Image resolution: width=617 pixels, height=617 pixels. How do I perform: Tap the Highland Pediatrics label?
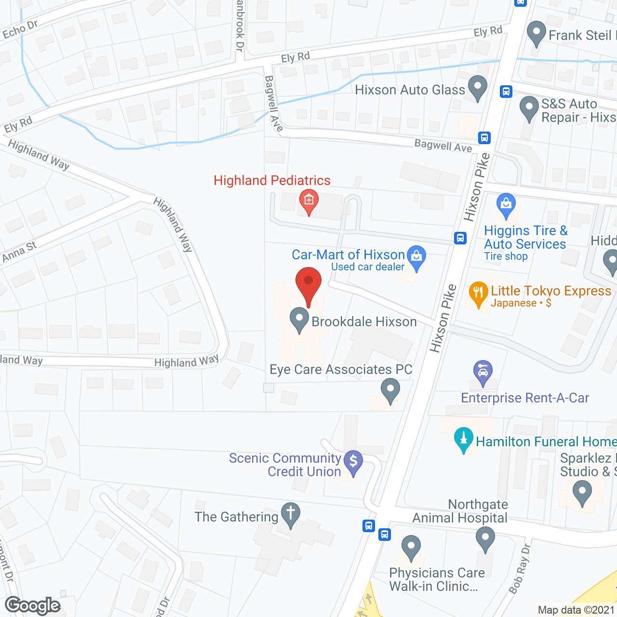pyautogui.click(x=272, y=181)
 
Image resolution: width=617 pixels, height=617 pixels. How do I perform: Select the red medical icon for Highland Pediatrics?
pyautogui.click(x=308, y=200)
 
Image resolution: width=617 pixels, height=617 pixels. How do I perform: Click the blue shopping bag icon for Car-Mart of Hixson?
pyautogui.click(x=416, y=256)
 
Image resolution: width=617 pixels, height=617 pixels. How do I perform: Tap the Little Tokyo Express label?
pyautogui.click(x=551, y=291)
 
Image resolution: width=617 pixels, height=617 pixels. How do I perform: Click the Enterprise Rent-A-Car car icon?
pyautogui.click(x=483, y=372)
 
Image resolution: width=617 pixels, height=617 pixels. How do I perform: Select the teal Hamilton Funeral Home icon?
pyautogui.click(x=464, y=439)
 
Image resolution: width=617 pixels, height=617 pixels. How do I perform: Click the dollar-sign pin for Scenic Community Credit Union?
pyautogui.click(x=353, y=462)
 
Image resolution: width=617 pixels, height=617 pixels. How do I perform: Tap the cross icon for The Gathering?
pyautogui.click(x=290, y=514)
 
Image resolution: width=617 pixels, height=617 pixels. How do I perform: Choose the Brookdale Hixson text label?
pyautogui.click(x=364, y=322)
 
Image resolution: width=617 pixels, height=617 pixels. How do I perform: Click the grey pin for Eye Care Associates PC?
pyautogui.click(x=390, y=389)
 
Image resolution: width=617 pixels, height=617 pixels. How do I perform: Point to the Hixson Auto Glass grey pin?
pyautogui.click(x=478, y=87)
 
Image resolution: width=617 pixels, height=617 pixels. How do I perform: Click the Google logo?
pyautogui.click(x=33, y=605)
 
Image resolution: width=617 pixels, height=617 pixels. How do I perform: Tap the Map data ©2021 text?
pyautogui.click(x=576, y=610)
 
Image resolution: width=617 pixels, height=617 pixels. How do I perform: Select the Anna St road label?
pyautogui.click(x=19, y=252)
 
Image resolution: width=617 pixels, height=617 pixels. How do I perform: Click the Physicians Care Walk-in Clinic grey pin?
pyautogui.click(x=411, y=547)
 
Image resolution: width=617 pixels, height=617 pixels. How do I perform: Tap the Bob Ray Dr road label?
pyautogui.click(x=519, y=569)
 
